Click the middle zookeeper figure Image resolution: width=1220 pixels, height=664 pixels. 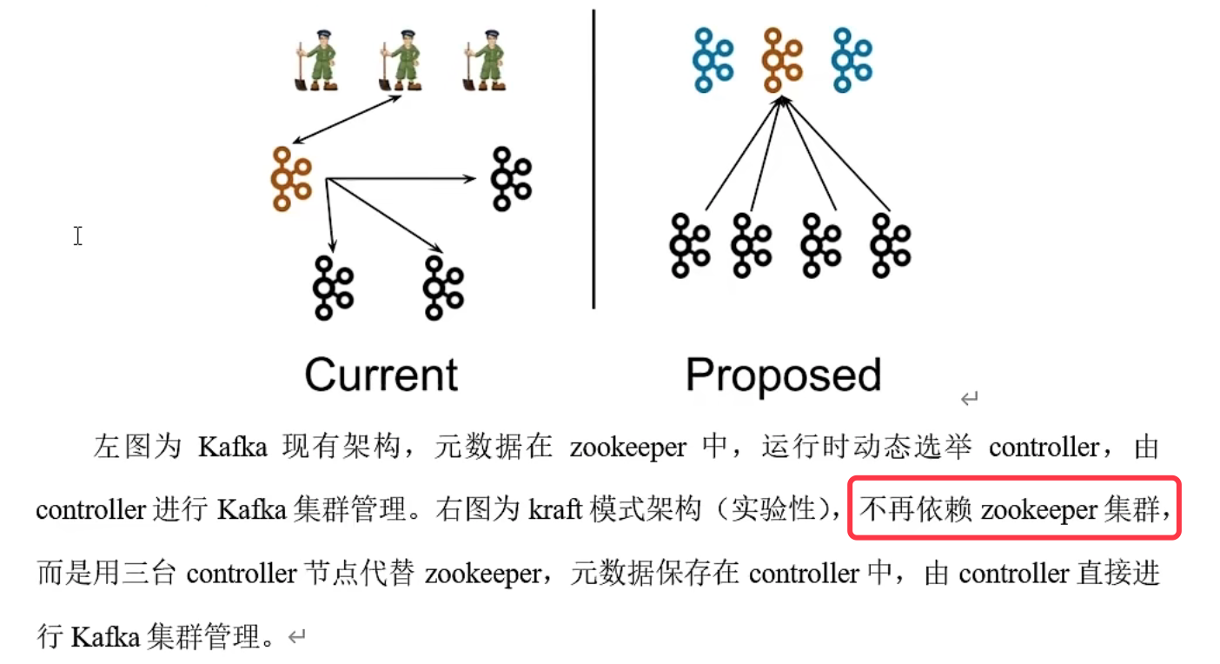tap(400, 60)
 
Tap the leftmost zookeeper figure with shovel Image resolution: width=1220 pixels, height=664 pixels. tap(315, 60)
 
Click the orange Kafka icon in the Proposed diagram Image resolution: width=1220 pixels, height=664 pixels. tap(783, 60)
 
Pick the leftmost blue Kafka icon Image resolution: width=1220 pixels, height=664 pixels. tap(713, 60)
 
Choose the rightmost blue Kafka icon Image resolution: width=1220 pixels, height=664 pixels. tap(852, 60)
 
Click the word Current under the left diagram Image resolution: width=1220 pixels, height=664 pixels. tap(381, 375)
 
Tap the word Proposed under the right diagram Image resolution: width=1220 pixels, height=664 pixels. tap(783, 375)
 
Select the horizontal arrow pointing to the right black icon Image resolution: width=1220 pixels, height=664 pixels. tap(400, 179)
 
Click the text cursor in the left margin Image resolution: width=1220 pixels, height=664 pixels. tap(78, 236)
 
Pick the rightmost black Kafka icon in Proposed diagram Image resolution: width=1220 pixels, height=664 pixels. tap(890, 244)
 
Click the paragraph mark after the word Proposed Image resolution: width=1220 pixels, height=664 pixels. tap(970, 399)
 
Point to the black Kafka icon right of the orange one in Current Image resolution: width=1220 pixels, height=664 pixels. tap(511, 178)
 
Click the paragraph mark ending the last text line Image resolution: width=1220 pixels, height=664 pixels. tap(297, 637)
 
